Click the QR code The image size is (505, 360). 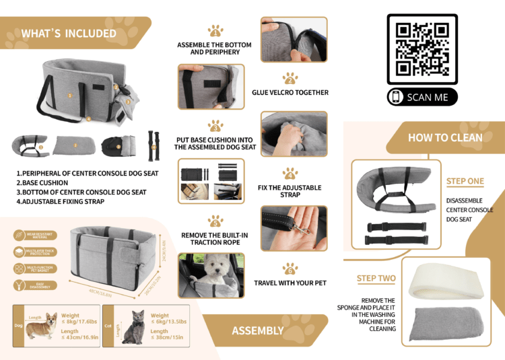pos(422,49)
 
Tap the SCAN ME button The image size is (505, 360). pos(422,97)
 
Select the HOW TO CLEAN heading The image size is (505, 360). pos(445,137)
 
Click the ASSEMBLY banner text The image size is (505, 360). pos(257,330)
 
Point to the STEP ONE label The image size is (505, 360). pos(465,181)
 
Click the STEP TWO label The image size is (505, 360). pos(376,279)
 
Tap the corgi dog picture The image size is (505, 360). pos(42,328)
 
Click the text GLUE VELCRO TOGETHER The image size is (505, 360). pos(290,93)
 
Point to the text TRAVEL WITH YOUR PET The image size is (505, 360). pos(290,283)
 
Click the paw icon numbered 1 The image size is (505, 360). pos(215,30)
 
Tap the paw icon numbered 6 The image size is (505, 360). pos(290,268)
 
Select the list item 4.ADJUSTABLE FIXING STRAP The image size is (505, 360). pos(60,201)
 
